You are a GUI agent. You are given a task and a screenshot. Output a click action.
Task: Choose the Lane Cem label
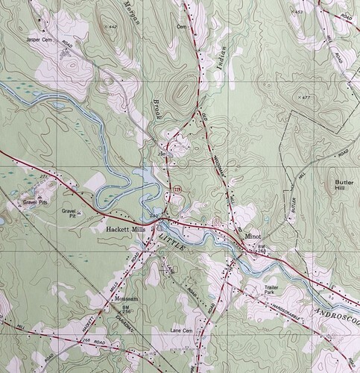pyautogui.click(x=183, y=329)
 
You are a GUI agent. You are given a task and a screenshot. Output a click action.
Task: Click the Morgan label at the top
pyautogui.click(x=133, y=15)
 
